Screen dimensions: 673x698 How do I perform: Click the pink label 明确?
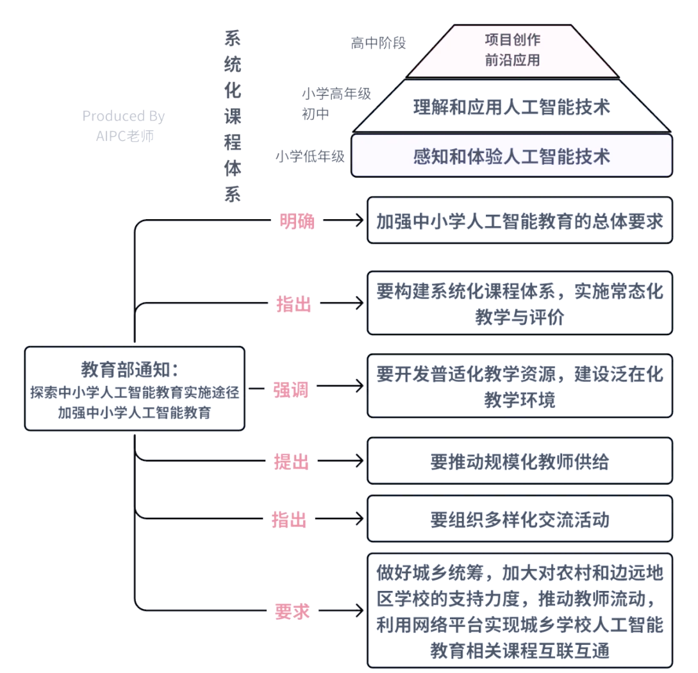[297, 220]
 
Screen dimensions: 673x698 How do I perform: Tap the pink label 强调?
[291, 390]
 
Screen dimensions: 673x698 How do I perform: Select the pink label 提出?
[292, 461]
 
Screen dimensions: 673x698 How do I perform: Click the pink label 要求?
[292, 611]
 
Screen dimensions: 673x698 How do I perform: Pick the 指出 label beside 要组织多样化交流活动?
[290, 519]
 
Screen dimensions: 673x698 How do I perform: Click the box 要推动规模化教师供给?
[519, 461]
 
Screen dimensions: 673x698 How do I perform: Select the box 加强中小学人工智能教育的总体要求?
[519, 220]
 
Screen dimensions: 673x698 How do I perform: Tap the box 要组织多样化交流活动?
[519, 519]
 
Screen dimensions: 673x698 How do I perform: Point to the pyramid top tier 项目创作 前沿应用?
[512, 50]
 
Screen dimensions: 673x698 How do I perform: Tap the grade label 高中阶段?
[378, 43]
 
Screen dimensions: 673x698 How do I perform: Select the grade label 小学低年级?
[310, 156]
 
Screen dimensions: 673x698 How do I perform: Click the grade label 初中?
[315, 114]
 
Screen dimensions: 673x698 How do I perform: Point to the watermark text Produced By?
[123, 117]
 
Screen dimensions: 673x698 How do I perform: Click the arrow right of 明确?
[344, 220]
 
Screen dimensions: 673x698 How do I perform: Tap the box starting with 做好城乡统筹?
[519, 611]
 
